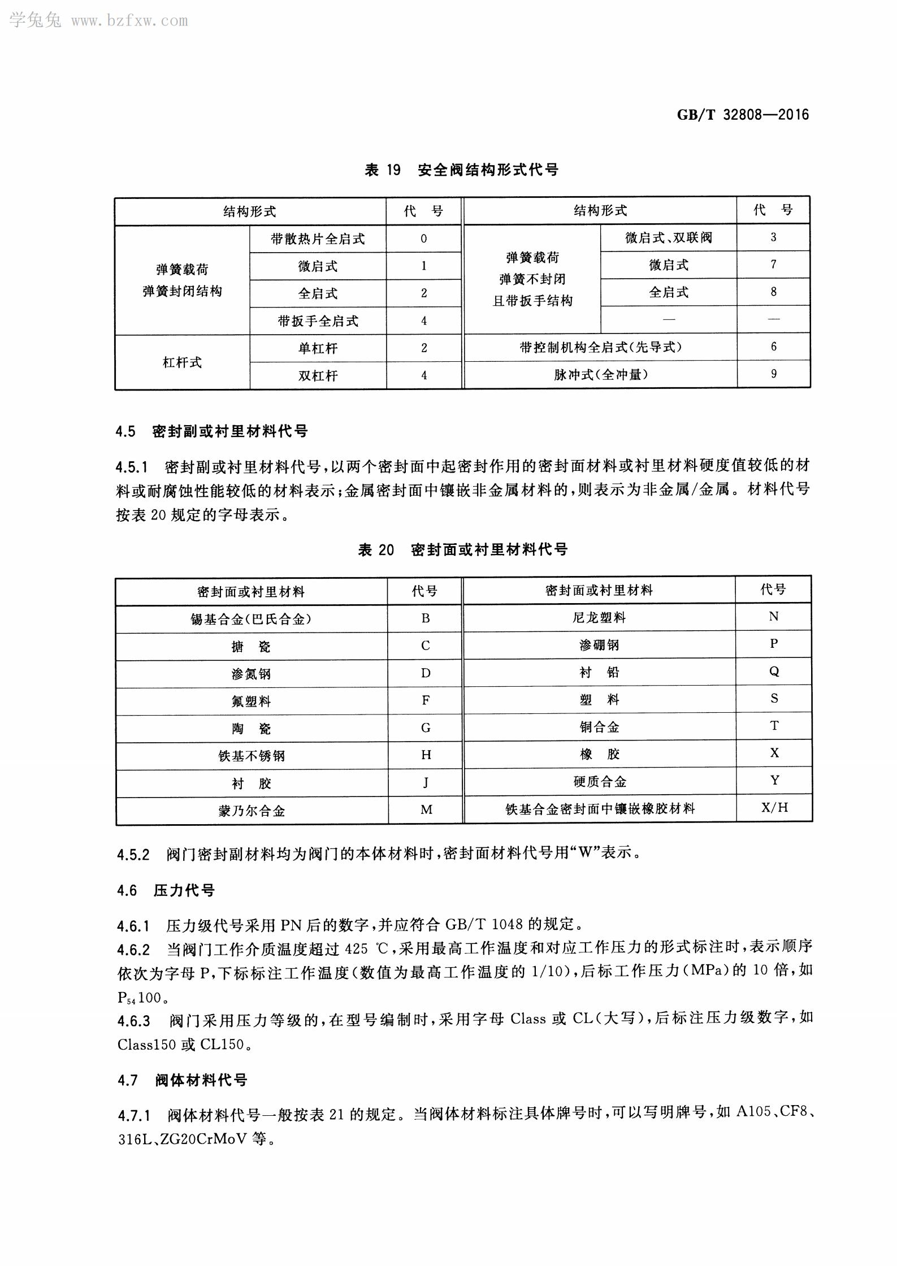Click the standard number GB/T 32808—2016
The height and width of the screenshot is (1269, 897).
[x=743, y=115]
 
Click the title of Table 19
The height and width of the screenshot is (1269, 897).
[x=461, y=170]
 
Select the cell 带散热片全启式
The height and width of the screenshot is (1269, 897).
[x=318, y=239]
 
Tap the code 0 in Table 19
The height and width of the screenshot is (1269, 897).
[x=424, y=239]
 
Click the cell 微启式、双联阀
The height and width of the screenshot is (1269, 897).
[x=668, y=238]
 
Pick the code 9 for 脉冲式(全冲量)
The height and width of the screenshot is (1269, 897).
[x=773, y=374]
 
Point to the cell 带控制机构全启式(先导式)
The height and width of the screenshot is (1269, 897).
[x=600, y=347]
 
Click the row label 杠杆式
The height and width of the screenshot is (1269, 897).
[x=182, y=362]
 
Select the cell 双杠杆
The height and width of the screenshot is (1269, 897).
[x=318, y=376]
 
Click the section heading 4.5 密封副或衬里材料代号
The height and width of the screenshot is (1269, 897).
[x=212, y=432]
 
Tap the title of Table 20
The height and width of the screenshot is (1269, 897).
[x=462, y=549]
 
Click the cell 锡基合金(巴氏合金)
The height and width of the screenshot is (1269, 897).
[x=251, y=619]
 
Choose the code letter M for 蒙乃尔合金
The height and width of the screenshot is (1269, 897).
[x=426, y=810]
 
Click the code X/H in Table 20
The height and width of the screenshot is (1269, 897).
[x=774, y=808]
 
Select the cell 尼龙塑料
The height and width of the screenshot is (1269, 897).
[x=599, y=617]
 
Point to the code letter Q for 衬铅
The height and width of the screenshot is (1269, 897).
[x=774, y=672]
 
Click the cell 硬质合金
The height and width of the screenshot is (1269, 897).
[x=599, y=782]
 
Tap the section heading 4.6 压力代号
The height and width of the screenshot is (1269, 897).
[x=166, y=891]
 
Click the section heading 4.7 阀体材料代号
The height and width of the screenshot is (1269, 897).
[x=183, y=1080]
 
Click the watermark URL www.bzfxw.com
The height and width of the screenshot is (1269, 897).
[x=129, y=21]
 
